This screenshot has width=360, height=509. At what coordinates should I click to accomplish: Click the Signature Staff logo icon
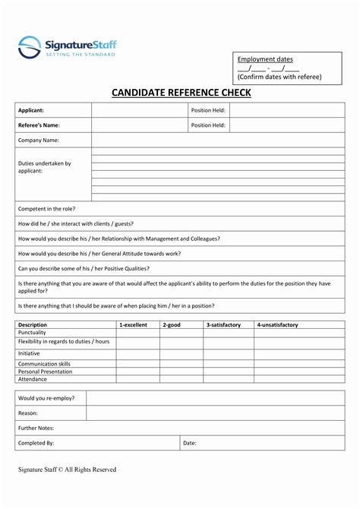click(30, 47)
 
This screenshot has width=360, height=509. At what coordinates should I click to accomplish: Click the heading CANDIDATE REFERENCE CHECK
click(181, 93)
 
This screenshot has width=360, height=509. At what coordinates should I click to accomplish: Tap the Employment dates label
click(265, 59)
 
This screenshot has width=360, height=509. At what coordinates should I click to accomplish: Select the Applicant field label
click(31, 110)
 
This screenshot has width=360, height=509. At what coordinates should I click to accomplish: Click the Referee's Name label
click(39, 125)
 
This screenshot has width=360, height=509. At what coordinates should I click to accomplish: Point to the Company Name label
click(38, 141)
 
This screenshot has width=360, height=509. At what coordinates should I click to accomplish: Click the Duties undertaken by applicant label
click(44, 167)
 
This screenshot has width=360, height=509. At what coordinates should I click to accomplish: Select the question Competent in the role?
click(46, 208)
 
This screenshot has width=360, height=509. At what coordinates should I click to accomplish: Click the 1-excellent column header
click(133, 324)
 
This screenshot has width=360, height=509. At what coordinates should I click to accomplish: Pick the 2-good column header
click(172, 324)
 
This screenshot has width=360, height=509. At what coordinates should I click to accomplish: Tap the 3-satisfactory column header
click(223, 324)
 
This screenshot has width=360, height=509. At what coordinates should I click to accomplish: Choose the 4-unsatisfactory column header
click(277, 324)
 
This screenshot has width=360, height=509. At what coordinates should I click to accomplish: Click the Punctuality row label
click(33, 332)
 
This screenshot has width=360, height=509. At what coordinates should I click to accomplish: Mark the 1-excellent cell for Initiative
click(137, 353)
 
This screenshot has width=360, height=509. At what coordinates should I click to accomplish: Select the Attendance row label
click(33, 378)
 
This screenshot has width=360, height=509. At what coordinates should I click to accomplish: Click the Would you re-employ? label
click(46, 397)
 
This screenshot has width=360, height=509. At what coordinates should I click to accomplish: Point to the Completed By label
click(36, 442)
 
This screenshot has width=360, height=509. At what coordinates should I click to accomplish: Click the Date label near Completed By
click(190, 442)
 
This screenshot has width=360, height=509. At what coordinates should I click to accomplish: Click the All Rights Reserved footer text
click(90, 469)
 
